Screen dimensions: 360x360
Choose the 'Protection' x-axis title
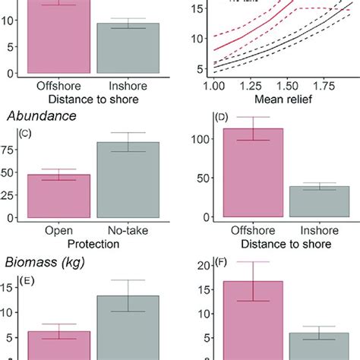(x=93, y=244)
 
